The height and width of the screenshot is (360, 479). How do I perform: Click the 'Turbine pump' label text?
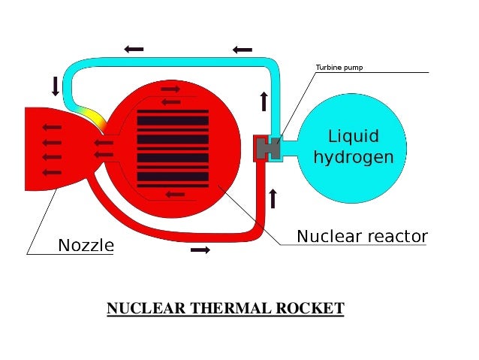coord(339,68)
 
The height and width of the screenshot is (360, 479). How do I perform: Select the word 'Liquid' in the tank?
coord(354,137)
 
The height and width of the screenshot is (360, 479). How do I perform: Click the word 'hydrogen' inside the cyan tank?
coord(353,157)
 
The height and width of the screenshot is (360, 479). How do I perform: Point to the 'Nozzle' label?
coord(86,245)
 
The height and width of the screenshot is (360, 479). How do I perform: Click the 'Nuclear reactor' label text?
coord(362,236)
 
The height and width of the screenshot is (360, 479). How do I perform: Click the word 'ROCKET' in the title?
coord(311,309)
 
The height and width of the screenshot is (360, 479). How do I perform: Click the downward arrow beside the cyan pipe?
coord(55,86)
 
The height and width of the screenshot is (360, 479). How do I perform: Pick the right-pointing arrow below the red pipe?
coord(200,250)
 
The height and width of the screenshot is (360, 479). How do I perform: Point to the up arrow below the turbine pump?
coord(273,198)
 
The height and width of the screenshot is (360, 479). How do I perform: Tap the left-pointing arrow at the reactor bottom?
coord(174,195)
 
